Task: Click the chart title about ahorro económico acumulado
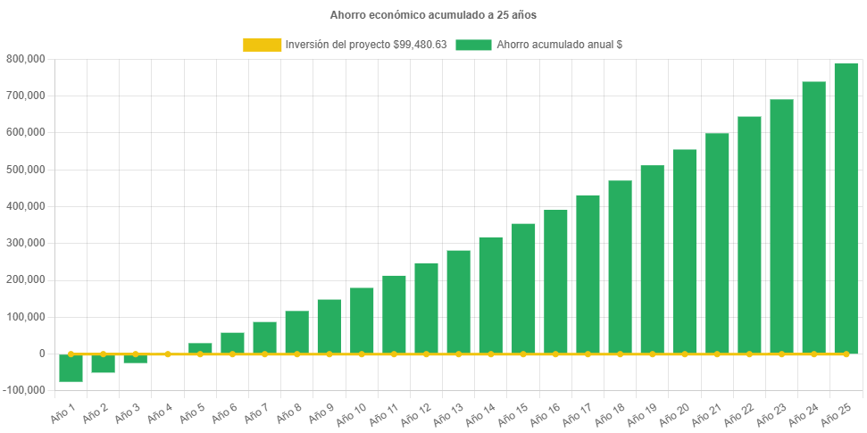point(433,15)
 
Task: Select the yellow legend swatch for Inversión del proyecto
point(261,45)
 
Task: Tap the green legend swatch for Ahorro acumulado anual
point(473,45)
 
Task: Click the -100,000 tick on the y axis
point(24,390)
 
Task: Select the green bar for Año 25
point(846,209)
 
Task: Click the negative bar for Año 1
point(71,368)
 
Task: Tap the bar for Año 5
point(200,348)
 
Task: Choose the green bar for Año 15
point(523,288)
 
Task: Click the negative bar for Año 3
point(136,359)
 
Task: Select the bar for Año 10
point(362,321)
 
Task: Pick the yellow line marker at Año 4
point(168,354)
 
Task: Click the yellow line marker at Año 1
point(71,354)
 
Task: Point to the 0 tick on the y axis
point(41,354)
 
